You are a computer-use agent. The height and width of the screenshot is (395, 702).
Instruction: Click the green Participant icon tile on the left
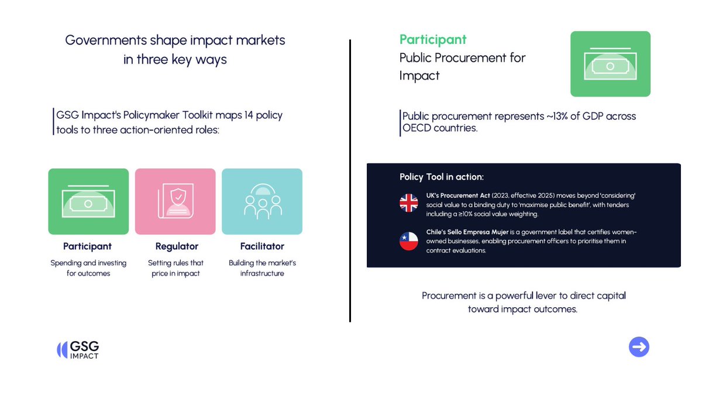88,201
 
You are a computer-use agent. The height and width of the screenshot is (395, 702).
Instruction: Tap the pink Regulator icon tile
175,201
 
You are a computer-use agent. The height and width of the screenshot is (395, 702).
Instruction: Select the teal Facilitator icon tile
262,201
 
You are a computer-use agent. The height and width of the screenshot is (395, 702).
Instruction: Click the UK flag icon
408,203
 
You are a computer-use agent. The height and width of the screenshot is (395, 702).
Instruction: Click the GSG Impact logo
78,349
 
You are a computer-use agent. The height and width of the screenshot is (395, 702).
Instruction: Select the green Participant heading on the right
433,39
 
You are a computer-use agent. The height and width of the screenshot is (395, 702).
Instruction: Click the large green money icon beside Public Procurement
610,64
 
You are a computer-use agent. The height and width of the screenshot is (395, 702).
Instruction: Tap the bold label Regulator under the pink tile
177,246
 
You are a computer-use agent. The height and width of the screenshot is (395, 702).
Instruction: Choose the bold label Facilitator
262,246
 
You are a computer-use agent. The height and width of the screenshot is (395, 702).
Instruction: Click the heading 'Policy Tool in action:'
442,177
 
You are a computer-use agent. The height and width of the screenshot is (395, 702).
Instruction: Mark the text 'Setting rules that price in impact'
175,268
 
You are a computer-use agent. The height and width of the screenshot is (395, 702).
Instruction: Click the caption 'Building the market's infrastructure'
262,268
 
